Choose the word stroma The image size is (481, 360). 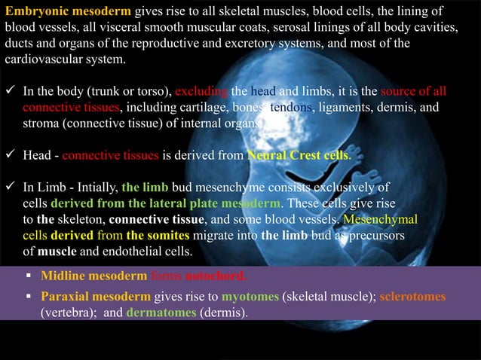pos(39,124)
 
